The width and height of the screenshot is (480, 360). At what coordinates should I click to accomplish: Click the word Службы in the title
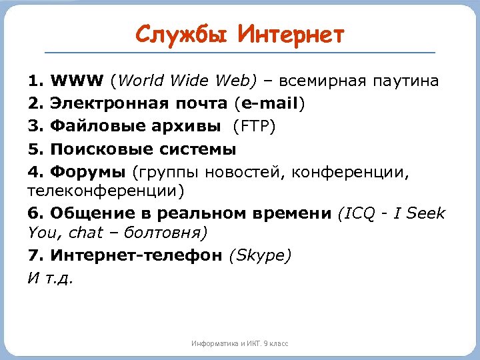(179, 34)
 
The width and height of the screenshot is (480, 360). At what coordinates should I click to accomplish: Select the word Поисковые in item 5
(95, 149)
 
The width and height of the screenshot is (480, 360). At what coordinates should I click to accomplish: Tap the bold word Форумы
(87, 172)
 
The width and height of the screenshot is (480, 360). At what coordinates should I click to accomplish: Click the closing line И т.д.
(51, 278)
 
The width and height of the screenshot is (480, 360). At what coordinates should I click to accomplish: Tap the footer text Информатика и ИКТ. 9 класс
(240, 343)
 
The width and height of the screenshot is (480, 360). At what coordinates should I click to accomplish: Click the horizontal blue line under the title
(240, 53)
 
